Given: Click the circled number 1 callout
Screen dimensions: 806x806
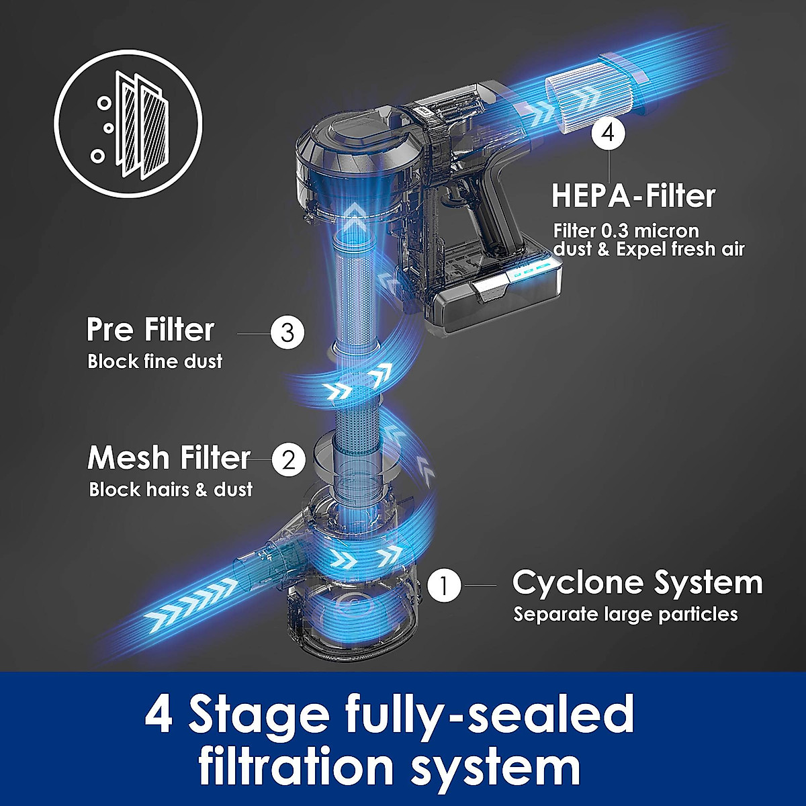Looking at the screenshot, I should pyautogui.click(x=444, y=586).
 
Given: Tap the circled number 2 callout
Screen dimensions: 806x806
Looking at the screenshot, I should pyautogui.click(x=288, y=461).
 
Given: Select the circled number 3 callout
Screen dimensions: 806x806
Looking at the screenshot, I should pyautogui.click(x=287, y=332).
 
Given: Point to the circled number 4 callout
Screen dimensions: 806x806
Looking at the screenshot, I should pyautogui.click(x=608, y=132).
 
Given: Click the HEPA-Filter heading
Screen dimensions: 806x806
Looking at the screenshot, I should pyautogui.click(x=633, y=196).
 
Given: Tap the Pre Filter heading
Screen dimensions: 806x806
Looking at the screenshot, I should pyautogui.click(x=150, y=330).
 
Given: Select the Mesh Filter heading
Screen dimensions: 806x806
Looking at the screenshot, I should pyautogui.click(x=169, y=458).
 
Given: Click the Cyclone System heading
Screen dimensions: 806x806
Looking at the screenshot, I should pyautogui.click(x=637, y=582).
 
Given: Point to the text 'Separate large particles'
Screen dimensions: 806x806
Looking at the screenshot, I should pyautogui.click(x=625, y=615).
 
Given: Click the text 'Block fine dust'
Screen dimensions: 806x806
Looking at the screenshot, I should pyautogui.click(x=154, y=362).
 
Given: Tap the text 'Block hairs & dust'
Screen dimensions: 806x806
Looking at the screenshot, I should pyautogui.click(x=171, y=490).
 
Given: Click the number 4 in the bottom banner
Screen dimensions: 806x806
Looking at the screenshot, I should pyautogui.click(x=159, y=714).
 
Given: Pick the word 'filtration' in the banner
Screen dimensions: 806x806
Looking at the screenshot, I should pyautogui.click(x=296, y=767).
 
